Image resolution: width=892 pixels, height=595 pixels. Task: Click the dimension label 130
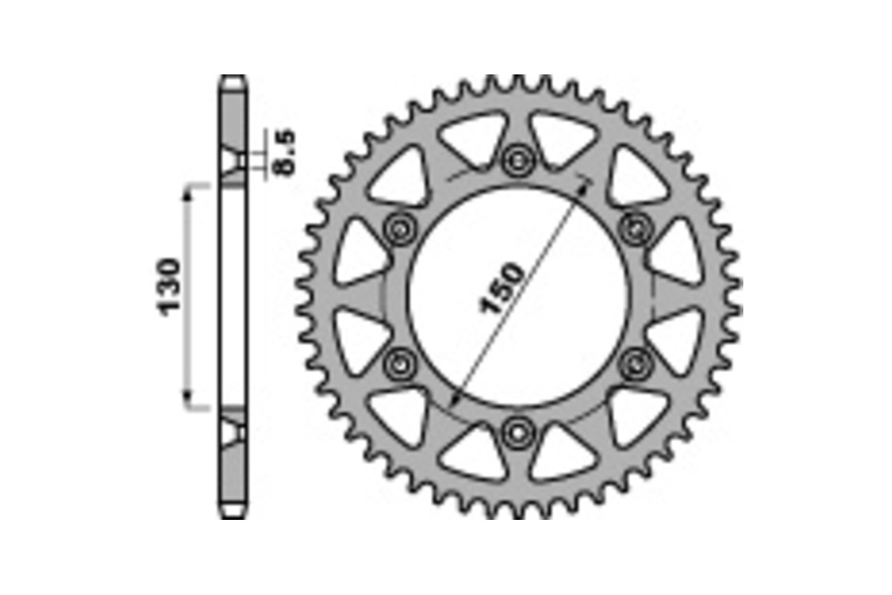click(169, 287)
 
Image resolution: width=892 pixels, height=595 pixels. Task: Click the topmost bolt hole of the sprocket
click(516, 159)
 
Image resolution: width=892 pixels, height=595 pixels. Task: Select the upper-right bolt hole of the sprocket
click(634, 227)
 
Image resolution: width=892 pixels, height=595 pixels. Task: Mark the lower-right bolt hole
click(634, 363)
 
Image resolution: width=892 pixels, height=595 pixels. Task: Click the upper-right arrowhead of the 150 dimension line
click(585, 181)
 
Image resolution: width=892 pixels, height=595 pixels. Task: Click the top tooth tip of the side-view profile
click(233, 77)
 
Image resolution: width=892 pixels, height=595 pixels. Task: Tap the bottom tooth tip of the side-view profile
click(233, 515)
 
